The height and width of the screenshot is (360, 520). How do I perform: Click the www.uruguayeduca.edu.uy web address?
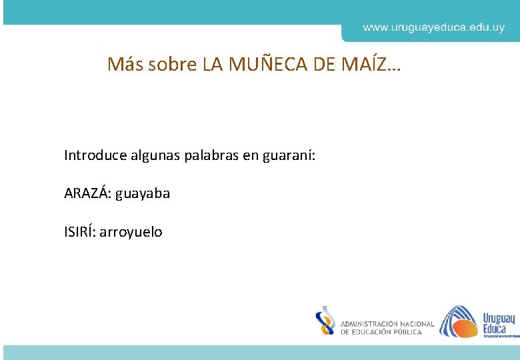(x=433, y=28)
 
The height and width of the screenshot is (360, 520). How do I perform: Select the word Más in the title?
(x=125, y=65)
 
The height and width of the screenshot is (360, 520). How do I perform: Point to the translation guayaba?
(x=143, y=194)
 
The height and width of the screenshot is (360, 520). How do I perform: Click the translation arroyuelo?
(x=131, y=233)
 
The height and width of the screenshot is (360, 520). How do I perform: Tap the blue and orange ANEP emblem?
(x=325, y=321)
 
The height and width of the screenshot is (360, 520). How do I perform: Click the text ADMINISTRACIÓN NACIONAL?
(x=387, y=324)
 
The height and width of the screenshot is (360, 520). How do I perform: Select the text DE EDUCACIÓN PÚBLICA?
(x=381, y=332)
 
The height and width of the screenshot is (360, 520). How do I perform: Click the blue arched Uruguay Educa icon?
(x=459, y=321)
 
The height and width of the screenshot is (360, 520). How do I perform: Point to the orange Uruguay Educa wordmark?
(x=498, y=323)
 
